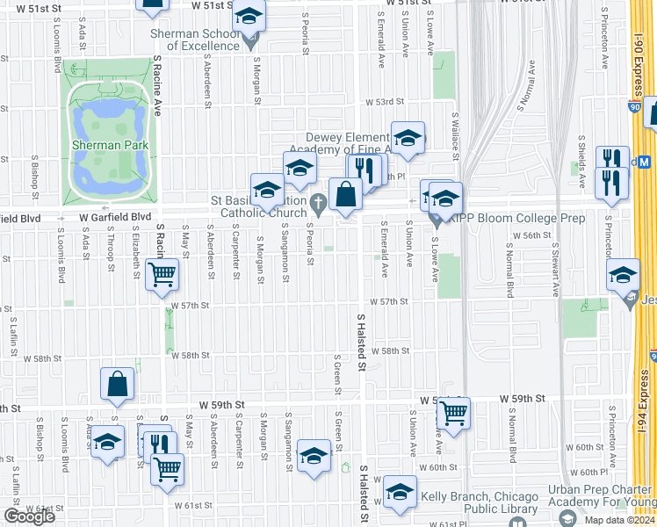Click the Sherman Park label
[109, 145]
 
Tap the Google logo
[29, 516]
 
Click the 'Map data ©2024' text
[617, 520]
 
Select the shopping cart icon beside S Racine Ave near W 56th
[162, 274]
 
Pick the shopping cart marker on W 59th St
[453, 412]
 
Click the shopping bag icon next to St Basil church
[346, 194]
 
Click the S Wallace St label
[457, 132]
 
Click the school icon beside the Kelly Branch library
[400, 493]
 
